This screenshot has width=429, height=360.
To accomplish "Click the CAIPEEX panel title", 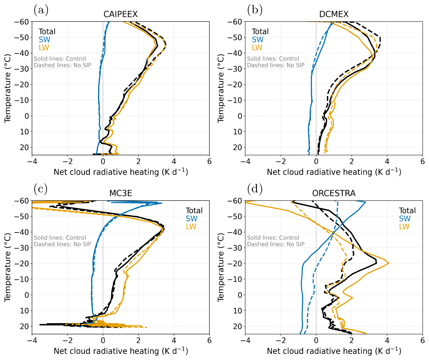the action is pos(121,14).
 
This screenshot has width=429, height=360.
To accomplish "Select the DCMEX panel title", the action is pos(334,14).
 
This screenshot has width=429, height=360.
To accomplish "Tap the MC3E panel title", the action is pos(121,193).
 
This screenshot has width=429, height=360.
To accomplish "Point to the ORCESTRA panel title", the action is pos(334,193).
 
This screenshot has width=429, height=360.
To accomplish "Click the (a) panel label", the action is pos(41,10).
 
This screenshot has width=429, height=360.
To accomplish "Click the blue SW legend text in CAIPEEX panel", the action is pos(44,40).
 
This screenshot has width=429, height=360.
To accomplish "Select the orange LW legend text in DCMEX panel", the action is pos(257,48).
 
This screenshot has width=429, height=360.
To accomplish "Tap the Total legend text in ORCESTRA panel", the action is pos(407,210).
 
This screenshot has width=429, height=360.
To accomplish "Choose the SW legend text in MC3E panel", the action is pos(191,219).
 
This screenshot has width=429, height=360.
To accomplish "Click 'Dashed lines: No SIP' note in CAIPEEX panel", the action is pos(63,65).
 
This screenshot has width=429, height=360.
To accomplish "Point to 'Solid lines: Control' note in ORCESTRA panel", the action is pos(273,238).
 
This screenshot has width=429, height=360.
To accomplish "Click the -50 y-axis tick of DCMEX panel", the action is pos(235,37).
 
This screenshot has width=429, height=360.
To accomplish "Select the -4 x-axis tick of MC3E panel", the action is pos(32,341).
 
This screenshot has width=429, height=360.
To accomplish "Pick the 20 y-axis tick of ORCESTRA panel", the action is pos(238,326).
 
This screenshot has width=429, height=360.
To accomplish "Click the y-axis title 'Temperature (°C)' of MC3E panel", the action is pos(7,268).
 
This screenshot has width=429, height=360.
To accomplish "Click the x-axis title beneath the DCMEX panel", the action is pos(334,172).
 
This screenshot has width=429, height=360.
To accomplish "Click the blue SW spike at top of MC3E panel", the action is pos(161,203).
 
